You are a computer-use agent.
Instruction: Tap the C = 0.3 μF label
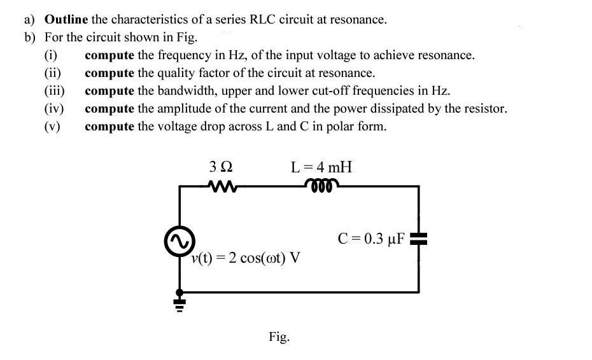pos(371,239)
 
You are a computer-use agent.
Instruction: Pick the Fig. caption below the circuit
pos(279,336)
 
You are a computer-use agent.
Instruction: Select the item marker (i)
pos(51,55)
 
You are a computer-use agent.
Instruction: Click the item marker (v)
pos(52,126)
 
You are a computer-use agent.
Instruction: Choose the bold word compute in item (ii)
pos(109,73)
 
